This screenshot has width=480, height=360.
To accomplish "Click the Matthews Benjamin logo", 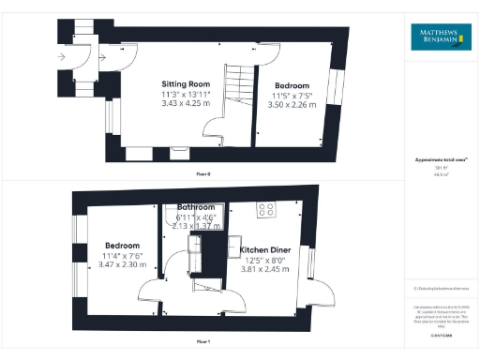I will pyautogui.click(x=441, y=37).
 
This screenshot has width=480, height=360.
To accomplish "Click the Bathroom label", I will pyautogui.click(x=196, y=207).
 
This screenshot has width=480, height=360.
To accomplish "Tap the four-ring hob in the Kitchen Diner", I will pyautogui.click(x=265, y=210).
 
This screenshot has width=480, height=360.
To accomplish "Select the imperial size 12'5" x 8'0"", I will pyautogui.click(x=268, y=261).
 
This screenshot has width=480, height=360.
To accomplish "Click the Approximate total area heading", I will pyautogui.click(x=440, y=161).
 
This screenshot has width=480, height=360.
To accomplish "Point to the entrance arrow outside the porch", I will pyautogui.click(x=63, y=56).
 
